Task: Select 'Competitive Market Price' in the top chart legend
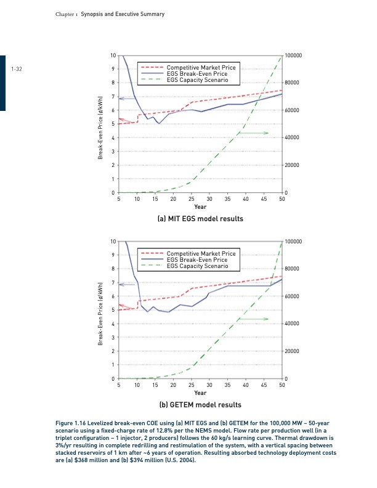click(201, 67)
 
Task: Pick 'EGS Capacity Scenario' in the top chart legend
click(198, 80)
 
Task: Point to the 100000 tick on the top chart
click(294, 55)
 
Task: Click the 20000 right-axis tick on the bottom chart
click(293, 351)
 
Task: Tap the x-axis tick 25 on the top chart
click(191, 200)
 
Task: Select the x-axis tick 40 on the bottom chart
click(246, 384)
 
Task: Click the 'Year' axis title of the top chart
click(200, 208)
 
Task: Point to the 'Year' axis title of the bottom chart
click(200, 392)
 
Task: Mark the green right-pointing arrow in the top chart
click(254, 133)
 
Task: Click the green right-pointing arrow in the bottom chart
click(254, 319)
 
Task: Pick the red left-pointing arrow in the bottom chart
click(128, 306)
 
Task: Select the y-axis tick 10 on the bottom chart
click(111, 241)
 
